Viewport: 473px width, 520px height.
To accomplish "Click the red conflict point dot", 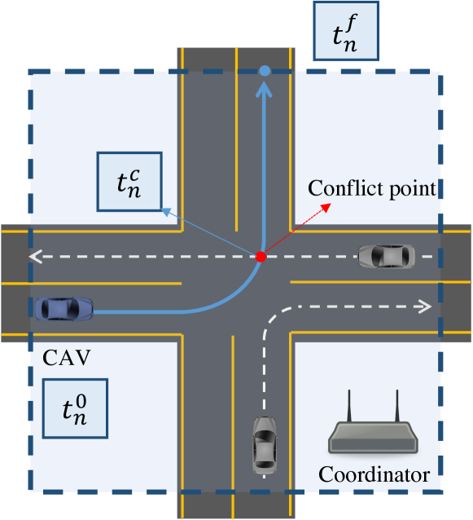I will coord(261,257).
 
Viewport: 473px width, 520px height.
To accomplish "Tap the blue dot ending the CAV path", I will coord(264,72).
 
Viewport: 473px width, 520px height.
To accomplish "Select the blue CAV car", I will coord(64,308).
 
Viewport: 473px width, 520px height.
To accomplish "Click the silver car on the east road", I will coord(386,256).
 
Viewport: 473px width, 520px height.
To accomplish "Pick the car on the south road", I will coord(265,445).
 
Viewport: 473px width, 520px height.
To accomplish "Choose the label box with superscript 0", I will coord(74,408).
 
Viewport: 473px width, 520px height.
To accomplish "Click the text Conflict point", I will coord(373,189).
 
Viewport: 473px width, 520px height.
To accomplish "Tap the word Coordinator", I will coord(374,474).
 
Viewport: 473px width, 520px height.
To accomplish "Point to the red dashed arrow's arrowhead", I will coord(328,205).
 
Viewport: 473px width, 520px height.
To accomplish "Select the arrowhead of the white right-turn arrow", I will coord(425,306).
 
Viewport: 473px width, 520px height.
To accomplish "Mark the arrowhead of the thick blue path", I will coord(264,89).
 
